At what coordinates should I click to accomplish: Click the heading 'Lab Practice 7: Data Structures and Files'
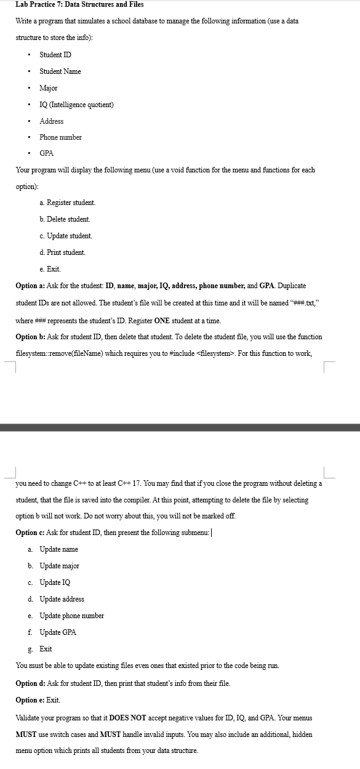[x=79, y=4]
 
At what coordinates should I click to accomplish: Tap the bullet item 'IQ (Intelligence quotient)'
[x=76, y=105]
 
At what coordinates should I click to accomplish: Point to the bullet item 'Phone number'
[x=60, y=137]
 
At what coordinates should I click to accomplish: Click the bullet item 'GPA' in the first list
[x=46, y=153]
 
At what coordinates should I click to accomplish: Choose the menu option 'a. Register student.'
[x=67, y=203]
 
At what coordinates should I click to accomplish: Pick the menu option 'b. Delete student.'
[x=65, y=219]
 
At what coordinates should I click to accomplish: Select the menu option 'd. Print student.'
[x=62, y=252]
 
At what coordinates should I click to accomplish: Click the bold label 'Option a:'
[x=30, y=286]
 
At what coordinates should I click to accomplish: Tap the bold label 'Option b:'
[x=30, y=337]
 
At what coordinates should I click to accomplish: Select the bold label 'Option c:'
[x=30, y=533]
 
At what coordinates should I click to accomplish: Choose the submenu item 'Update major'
[x=59, y=566]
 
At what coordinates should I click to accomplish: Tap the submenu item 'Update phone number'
[x=71, y=616]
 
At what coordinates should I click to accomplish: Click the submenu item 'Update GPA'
[x=58, y=632]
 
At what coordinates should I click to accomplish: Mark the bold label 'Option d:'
[x=30, y=683]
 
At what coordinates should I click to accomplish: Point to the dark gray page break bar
[x=180, y=427]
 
